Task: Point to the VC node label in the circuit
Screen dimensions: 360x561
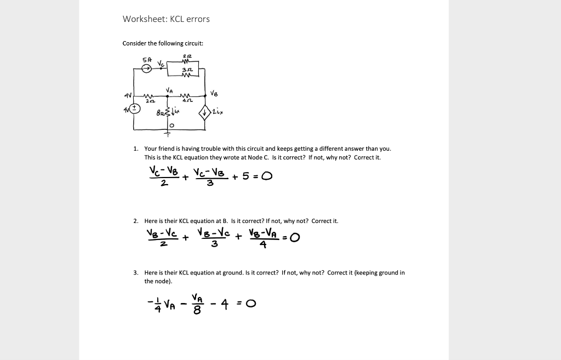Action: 160,64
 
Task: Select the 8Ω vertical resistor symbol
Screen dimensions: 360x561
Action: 164,113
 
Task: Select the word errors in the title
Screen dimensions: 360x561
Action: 197,19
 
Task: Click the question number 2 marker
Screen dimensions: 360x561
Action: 136,221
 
